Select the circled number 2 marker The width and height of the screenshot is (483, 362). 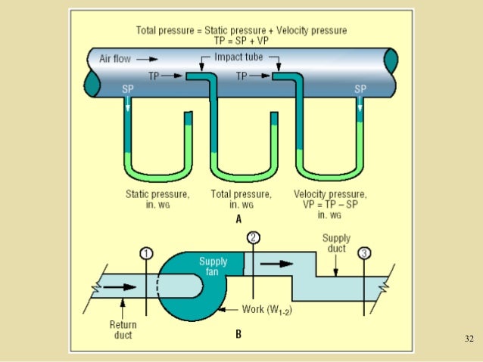coord(254,237)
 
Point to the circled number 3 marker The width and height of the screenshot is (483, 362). coord(366,252)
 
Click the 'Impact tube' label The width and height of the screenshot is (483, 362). coord(236,57)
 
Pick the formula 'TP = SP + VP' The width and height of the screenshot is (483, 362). coord(241,42)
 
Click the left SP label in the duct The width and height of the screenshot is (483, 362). coord(127,89)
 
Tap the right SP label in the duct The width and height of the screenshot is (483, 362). coord(361,89)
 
